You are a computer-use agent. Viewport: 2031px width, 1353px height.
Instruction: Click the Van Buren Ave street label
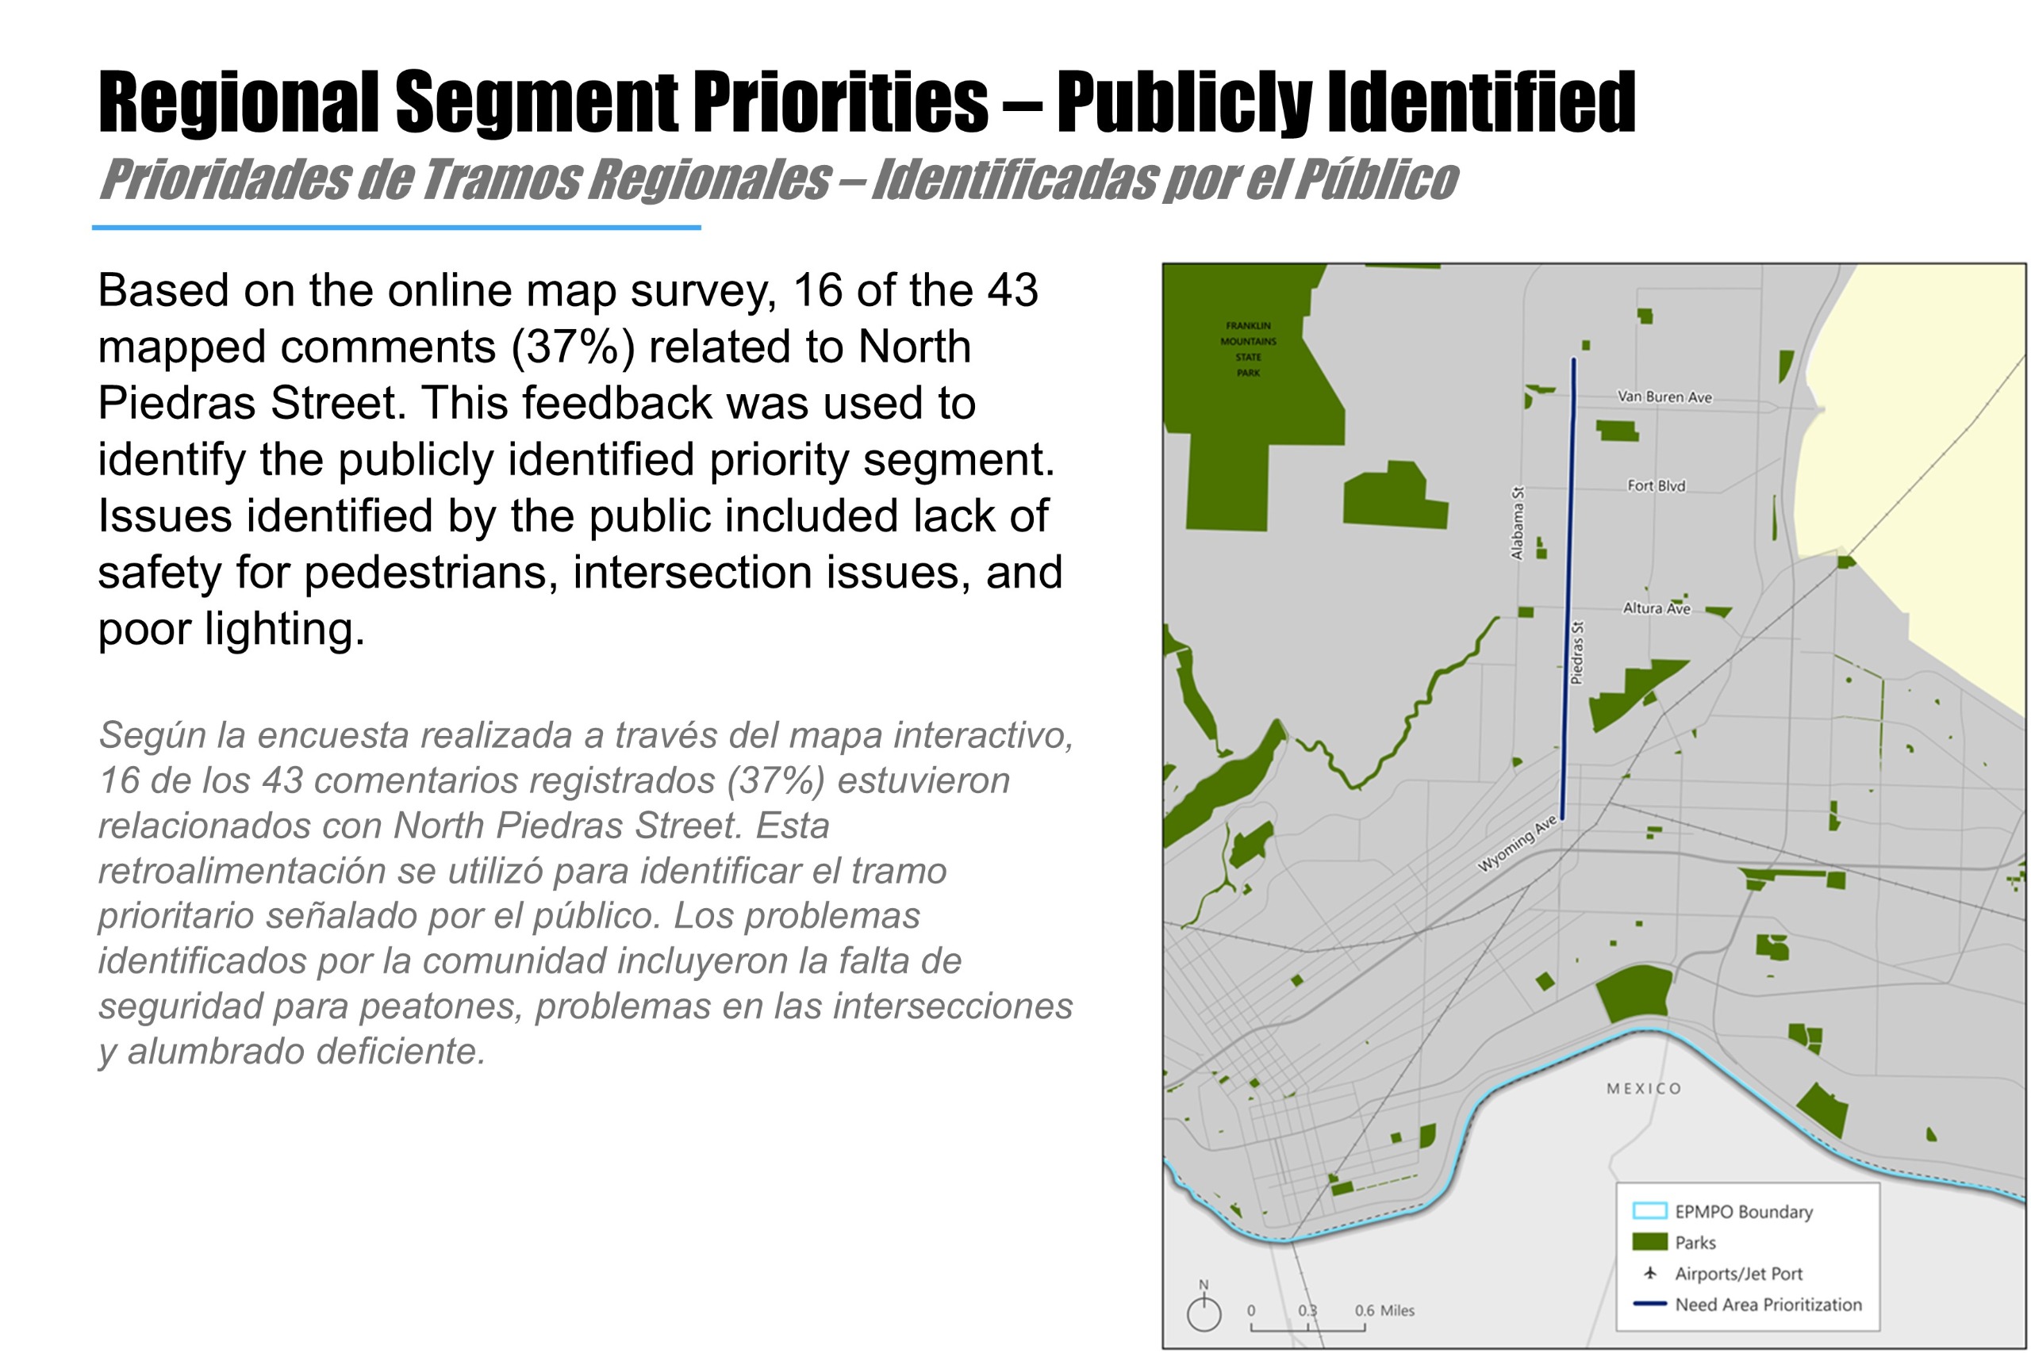tap(1664, 397)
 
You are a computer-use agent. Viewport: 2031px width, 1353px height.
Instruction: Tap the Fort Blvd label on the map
tap(1656, 486)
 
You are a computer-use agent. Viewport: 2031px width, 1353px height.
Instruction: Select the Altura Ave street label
tap(1656, 608)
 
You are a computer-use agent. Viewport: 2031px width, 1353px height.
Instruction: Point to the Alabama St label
tap(1517, 523)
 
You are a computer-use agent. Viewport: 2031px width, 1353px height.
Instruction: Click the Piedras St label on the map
tap(1576, 654)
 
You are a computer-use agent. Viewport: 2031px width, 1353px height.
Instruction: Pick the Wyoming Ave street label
tap(1517, 844)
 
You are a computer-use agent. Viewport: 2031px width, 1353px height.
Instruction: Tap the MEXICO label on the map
tap(1644, 1089)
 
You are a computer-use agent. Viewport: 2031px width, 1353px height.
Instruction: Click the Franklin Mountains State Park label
tap(1248, 350)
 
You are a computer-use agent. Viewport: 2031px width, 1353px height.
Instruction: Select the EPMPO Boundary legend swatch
tap(1649, 1210)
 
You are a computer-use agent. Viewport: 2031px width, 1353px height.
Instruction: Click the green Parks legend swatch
tap(1649, 1242)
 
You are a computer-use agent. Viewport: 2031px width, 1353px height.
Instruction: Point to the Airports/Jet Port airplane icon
tap(1650, 1273)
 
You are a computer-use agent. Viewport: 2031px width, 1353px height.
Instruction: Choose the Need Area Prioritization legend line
tap(1649, 1304)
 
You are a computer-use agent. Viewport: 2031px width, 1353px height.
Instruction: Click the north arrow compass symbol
tap(1204, 1309)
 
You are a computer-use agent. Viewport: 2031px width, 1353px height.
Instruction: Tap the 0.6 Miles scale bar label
tap(1384, 1310)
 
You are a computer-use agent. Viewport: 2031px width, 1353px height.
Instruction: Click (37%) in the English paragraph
tap(573, 347)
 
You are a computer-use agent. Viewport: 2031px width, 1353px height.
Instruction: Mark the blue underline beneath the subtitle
tap(396, 228)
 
